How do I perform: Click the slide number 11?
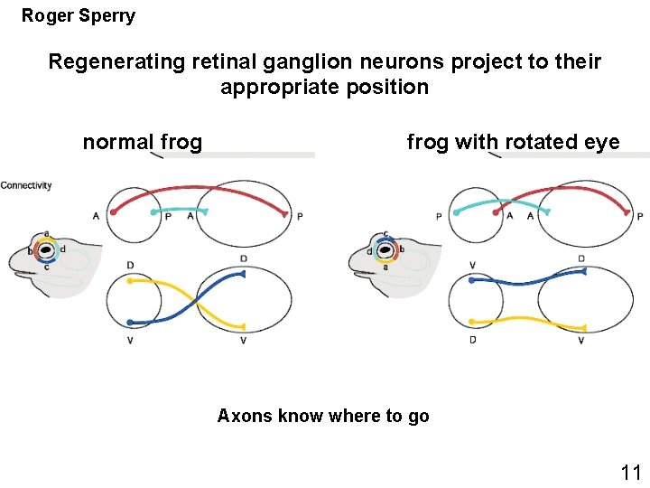point(630,472)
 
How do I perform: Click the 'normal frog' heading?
point(143,142)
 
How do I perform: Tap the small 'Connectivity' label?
point(26,185)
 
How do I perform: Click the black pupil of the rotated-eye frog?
point(385,250)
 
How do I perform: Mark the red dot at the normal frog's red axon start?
point(114,212)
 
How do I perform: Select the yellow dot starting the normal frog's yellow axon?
point(130,281)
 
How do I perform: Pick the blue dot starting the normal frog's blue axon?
point(131,323)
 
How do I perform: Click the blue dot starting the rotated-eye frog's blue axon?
point(472,280)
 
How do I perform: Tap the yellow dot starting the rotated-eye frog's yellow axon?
point(471,322)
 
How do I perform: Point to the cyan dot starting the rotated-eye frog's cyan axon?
point(456,212)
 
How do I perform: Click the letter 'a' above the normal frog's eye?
point(46,233)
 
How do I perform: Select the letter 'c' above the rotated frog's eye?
point(385,233)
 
